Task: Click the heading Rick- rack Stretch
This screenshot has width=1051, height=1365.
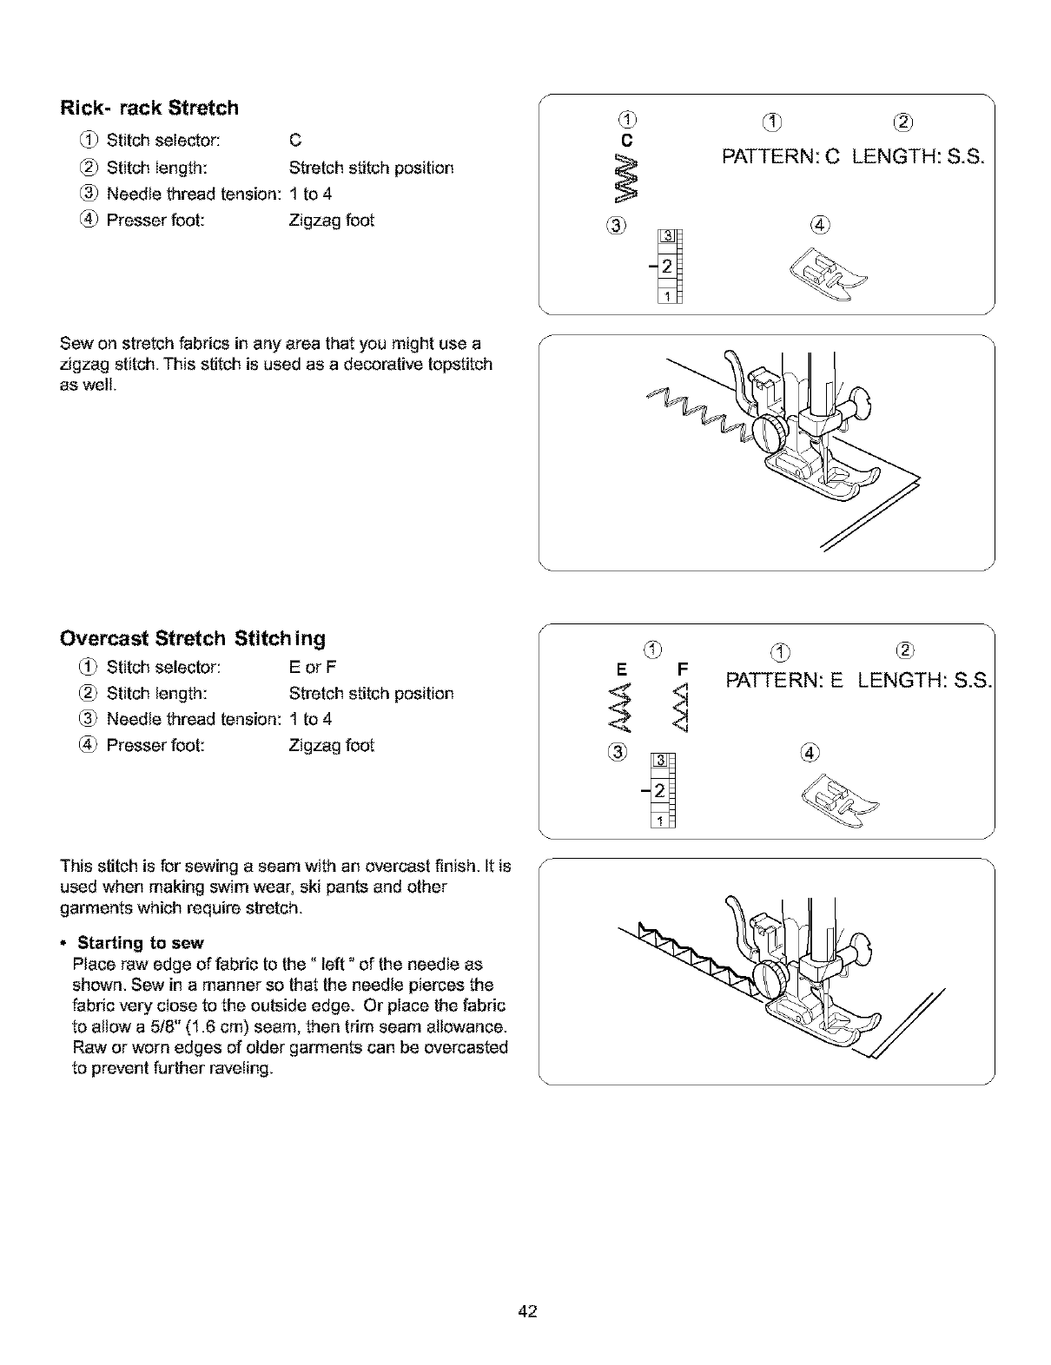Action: pos(149,109)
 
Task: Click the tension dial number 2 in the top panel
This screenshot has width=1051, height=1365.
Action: pos(665,265)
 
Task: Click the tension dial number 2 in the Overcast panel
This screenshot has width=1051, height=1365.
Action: pos(659,790)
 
